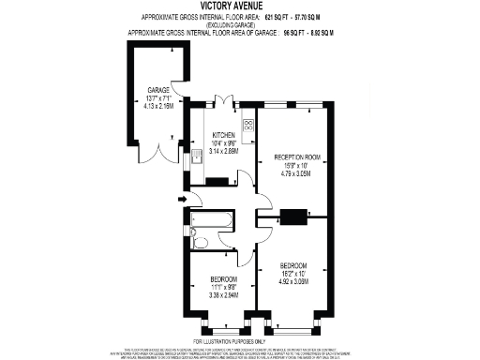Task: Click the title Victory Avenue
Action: [240, 7]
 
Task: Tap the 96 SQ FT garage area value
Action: [298, 33]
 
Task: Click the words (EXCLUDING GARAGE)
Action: [239, 25]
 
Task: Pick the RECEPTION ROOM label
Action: [298, 157]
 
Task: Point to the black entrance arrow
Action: [181, 200]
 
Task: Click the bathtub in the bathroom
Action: [211, 221]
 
